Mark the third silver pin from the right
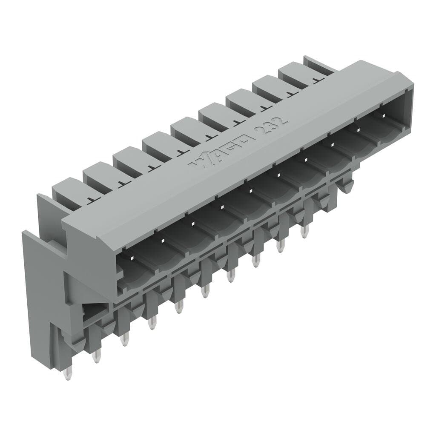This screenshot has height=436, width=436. (x=255, y=261)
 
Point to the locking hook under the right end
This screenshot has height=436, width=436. (x=346, y=186)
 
